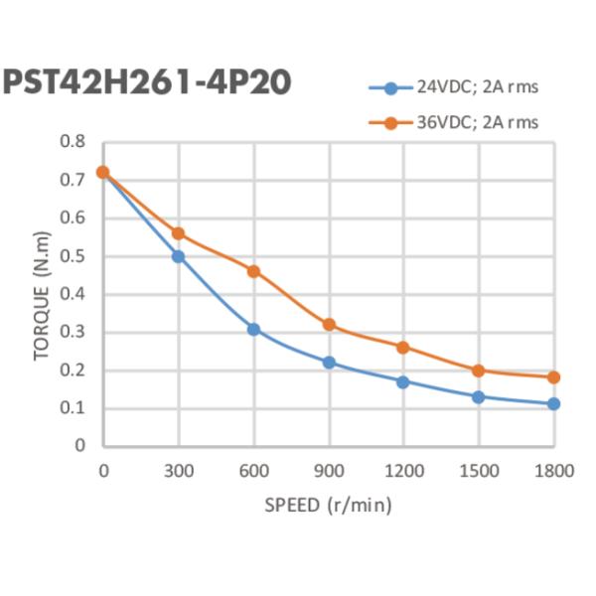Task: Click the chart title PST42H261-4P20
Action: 146,82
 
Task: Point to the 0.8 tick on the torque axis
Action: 73,142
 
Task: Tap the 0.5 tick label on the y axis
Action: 73,256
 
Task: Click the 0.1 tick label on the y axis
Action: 73,408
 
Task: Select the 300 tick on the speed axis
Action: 179,470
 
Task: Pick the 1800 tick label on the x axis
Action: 554,470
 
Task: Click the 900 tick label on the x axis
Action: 329,470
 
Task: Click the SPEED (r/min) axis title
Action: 328,505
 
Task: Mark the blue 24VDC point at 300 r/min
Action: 179,256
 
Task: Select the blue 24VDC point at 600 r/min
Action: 253,329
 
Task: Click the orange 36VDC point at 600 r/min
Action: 253,271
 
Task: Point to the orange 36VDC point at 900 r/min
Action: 329,325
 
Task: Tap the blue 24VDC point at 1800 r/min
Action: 553,404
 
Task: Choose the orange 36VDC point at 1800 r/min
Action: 553,377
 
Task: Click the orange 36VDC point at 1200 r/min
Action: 403,348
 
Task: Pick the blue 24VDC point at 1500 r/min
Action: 479,396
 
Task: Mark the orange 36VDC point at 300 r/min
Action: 179,233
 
